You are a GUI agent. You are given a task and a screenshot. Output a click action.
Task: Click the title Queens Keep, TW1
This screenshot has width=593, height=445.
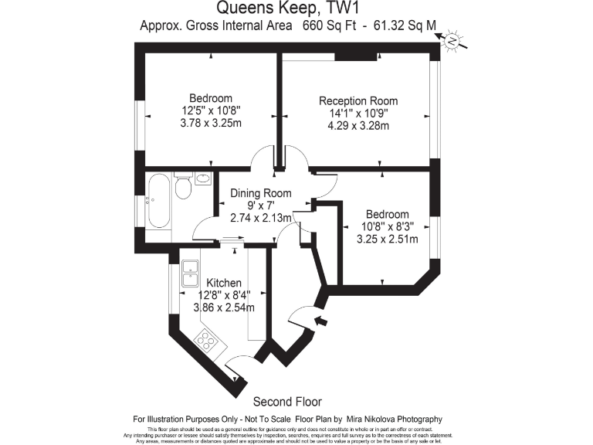(x=296, y=9)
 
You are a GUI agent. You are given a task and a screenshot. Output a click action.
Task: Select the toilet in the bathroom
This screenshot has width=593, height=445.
(x=183, y=186)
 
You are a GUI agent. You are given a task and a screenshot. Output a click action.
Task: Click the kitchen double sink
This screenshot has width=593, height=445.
(x=191, y=273)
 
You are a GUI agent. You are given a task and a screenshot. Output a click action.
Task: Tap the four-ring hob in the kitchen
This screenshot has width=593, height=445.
(x=207, y=338)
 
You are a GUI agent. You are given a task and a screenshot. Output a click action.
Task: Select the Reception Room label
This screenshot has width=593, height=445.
(x=358, y=101)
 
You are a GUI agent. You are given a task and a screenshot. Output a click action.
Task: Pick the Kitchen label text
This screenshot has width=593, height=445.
(x=223, y=284)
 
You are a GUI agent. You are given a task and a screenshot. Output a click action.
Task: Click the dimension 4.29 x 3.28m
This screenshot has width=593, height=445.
(x=358, y=126)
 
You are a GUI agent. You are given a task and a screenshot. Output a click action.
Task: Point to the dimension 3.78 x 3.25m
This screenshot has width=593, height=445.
(x=211, y=123)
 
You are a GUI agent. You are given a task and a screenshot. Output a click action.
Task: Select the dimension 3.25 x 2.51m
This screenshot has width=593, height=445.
(x=387, y=239)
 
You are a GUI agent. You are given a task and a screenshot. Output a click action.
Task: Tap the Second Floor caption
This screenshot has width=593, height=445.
(x=287, y=402)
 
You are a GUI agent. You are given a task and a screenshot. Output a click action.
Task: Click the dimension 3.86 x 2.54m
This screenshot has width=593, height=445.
(x=223, y=307)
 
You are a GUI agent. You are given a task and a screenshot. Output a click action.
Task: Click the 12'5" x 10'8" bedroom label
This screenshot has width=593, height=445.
(x=211, y=110)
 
